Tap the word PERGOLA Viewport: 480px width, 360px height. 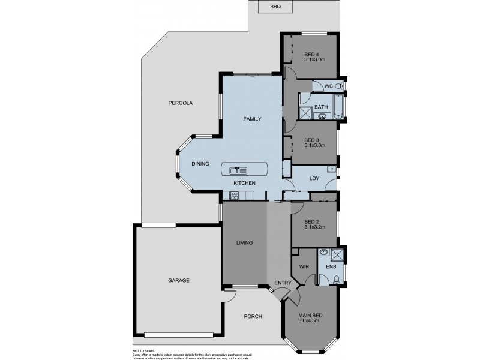180,103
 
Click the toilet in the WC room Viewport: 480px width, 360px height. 340,86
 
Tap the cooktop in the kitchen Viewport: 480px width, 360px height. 234,195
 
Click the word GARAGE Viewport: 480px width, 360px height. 178,280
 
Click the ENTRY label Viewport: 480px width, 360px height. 283,283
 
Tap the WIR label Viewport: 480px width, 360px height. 303,266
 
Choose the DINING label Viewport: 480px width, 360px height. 200,164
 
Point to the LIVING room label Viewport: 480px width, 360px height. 244,242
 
